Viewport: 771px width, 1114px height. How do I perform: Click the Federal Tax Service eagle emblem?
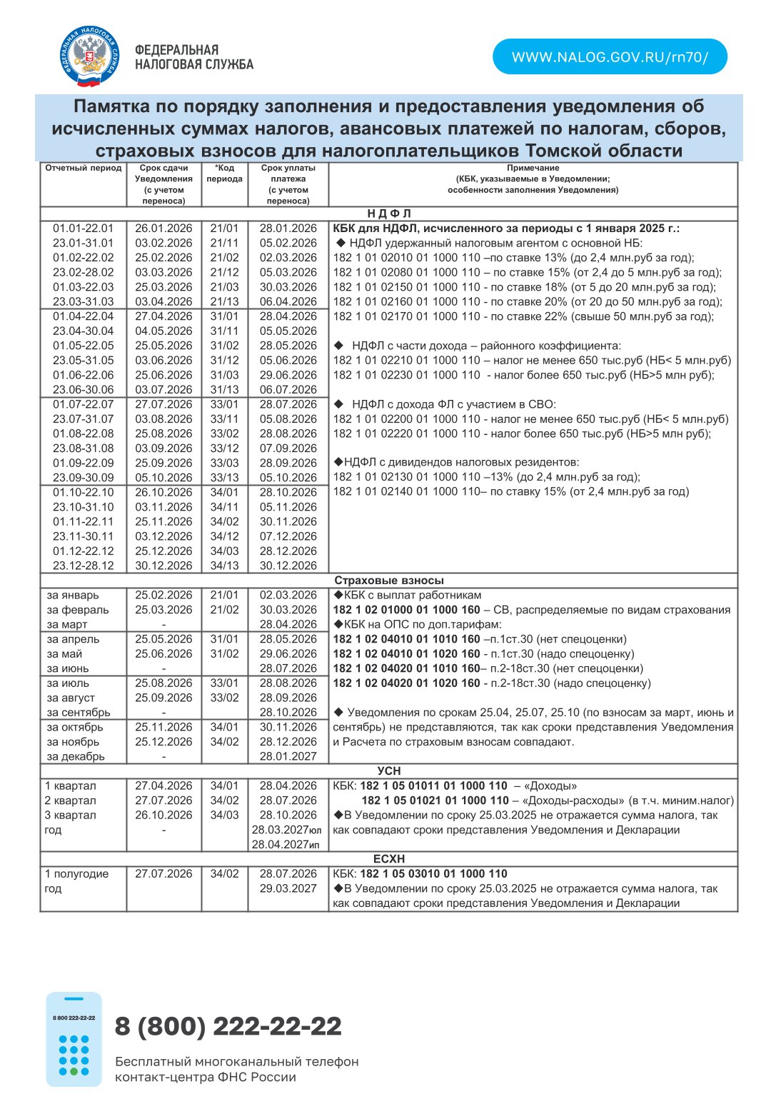point(89,56)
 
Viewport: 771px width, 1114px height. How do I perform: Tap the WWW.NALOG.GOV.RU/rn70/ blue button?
point(610,57)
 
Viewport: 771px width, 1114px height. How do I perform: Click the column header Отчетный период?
point(84,169)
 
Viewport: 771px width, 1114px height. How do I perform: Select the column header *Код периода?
point(224,174)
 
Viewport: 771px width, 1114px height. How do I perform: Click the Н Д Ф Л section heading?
point(389,214)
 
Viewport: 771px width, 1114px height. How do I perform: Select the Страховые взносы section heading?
point(389,581)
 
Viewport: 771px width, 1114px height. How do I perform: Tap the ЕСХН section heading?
point(389,859)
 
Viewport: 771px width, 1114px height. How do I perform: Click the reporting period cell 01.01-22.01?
point(84,229)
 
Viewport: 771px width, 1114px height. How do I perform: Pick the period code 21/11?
point(224,244)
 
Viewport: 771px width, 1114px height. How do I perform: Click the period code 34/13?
point(224,566)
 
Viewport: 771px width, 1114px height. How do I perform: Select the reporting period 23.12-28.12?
point(84,566)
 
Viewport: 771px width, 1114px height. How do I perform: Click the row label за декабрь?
point(76,756)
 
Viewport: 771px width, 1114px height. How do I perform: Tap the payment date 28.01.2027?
point(288,756)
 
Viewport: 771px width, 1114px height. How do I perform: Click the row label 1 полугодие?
point(77,874)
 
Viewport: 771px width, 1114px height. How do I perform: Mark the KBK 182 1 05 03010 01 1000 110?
point(433,874)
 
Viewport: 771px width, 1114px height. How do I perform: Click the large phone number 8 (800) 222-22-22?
point(228,1026)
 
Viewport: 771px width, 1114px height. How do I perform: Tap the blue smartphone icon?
point(74,1039)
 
